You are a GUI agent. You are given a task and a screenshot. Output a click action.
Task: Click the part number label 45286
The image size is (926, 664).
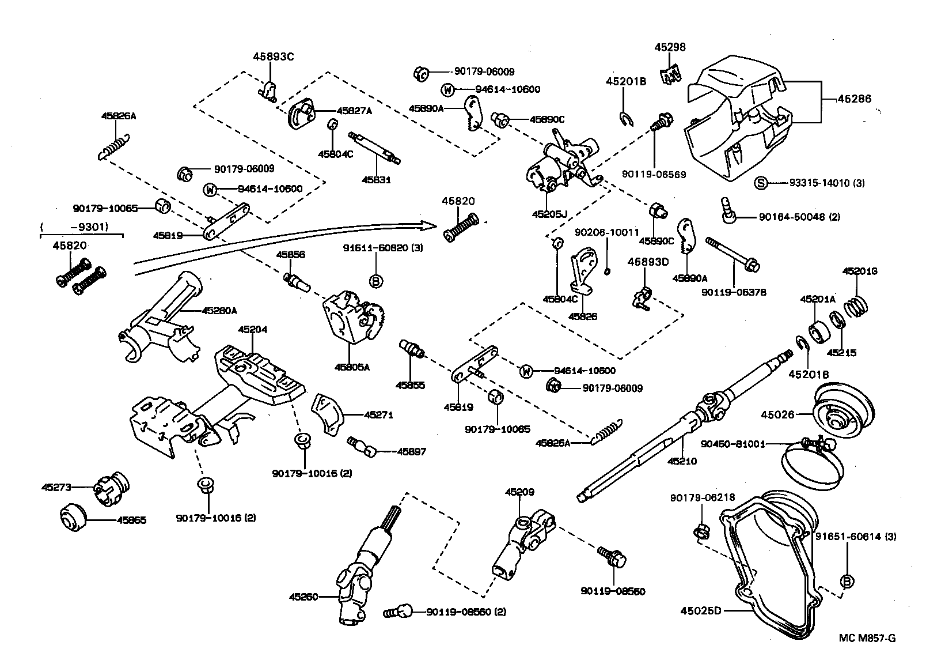click(854, 99)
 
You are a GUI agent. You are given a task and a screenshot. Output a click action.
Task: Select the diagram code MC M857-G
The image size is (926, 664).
click(867, 638)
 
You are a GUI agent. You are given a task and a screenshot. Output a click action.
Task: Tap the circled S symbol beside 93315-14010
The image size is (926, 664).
click(760, 184)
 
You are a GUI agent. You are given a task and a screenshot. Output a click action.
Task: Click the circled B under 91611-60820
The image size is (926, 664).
click(375, 281)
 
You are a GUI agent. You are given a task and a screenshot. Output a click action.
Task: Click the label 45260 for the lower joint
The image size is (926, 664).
click(303, 597)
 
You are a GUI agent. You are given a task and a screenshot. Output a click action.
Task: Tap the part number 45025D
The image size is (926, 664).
click(701, 610)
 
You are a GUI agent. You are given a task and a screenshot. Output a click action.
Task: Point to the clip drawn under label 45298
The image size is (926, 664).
click(670, 74)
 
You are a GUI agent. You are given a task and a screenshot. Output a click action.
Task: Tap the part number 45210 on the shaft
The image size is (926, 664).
click(682, 461)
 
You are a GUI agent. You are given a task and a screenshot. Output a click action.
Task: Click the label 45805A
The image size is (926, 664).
click(351, 367)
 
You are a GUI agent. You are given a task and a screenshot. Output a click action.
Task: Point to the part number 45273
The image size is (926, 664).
click(56, 487)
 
